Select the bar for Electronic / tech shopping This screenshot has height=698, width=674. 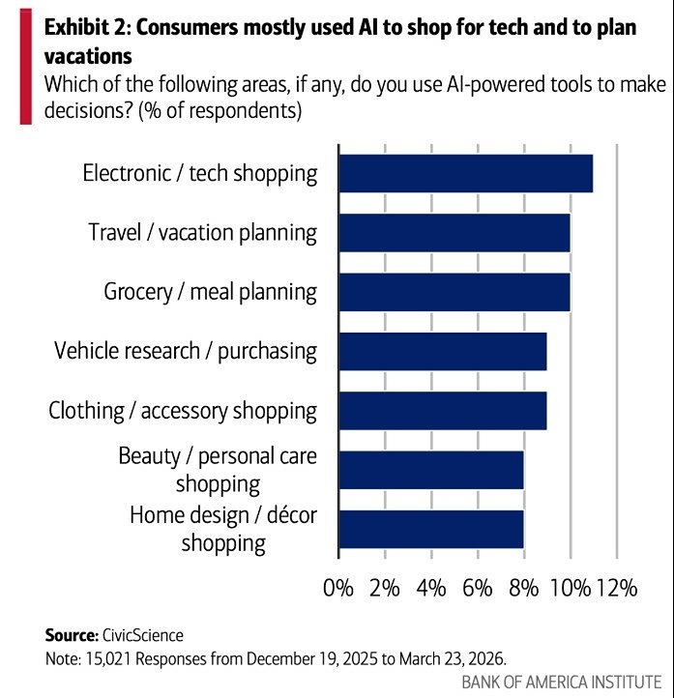pos(465,173)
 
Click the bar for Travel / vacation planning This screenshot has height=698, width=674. pos(454,233)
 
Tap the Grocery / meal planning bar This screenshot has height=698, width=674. pos(454,292)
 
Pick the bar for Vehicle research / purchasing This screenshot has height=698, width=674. pos(442,351)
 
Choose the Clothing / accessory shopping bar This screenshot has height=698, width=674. pos(442,410)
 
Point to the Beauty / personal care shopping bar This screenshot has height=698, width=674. pos(430,469)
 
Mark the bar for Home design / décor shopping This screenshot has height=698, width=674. pos(430,528)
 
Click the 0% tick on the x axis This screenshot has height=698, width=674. pos(338,587)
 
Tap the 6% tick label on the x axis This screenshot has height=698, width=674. pos(478,587)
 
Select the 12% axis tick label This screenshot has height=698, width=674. pos(615,587)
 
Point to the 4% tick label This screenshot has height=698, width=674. pos(431,587)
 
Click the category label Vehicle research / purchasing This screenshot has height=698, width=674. pos(186,351)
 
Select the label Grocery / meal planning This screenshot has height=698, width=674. pos(210,292)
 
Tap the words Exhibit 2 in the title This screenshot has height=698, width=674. pos(84,26)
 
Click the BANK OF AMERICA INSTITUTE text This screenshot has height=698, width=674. pos(561,681)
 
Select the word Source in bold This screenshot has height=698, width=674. pos(70,635)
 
